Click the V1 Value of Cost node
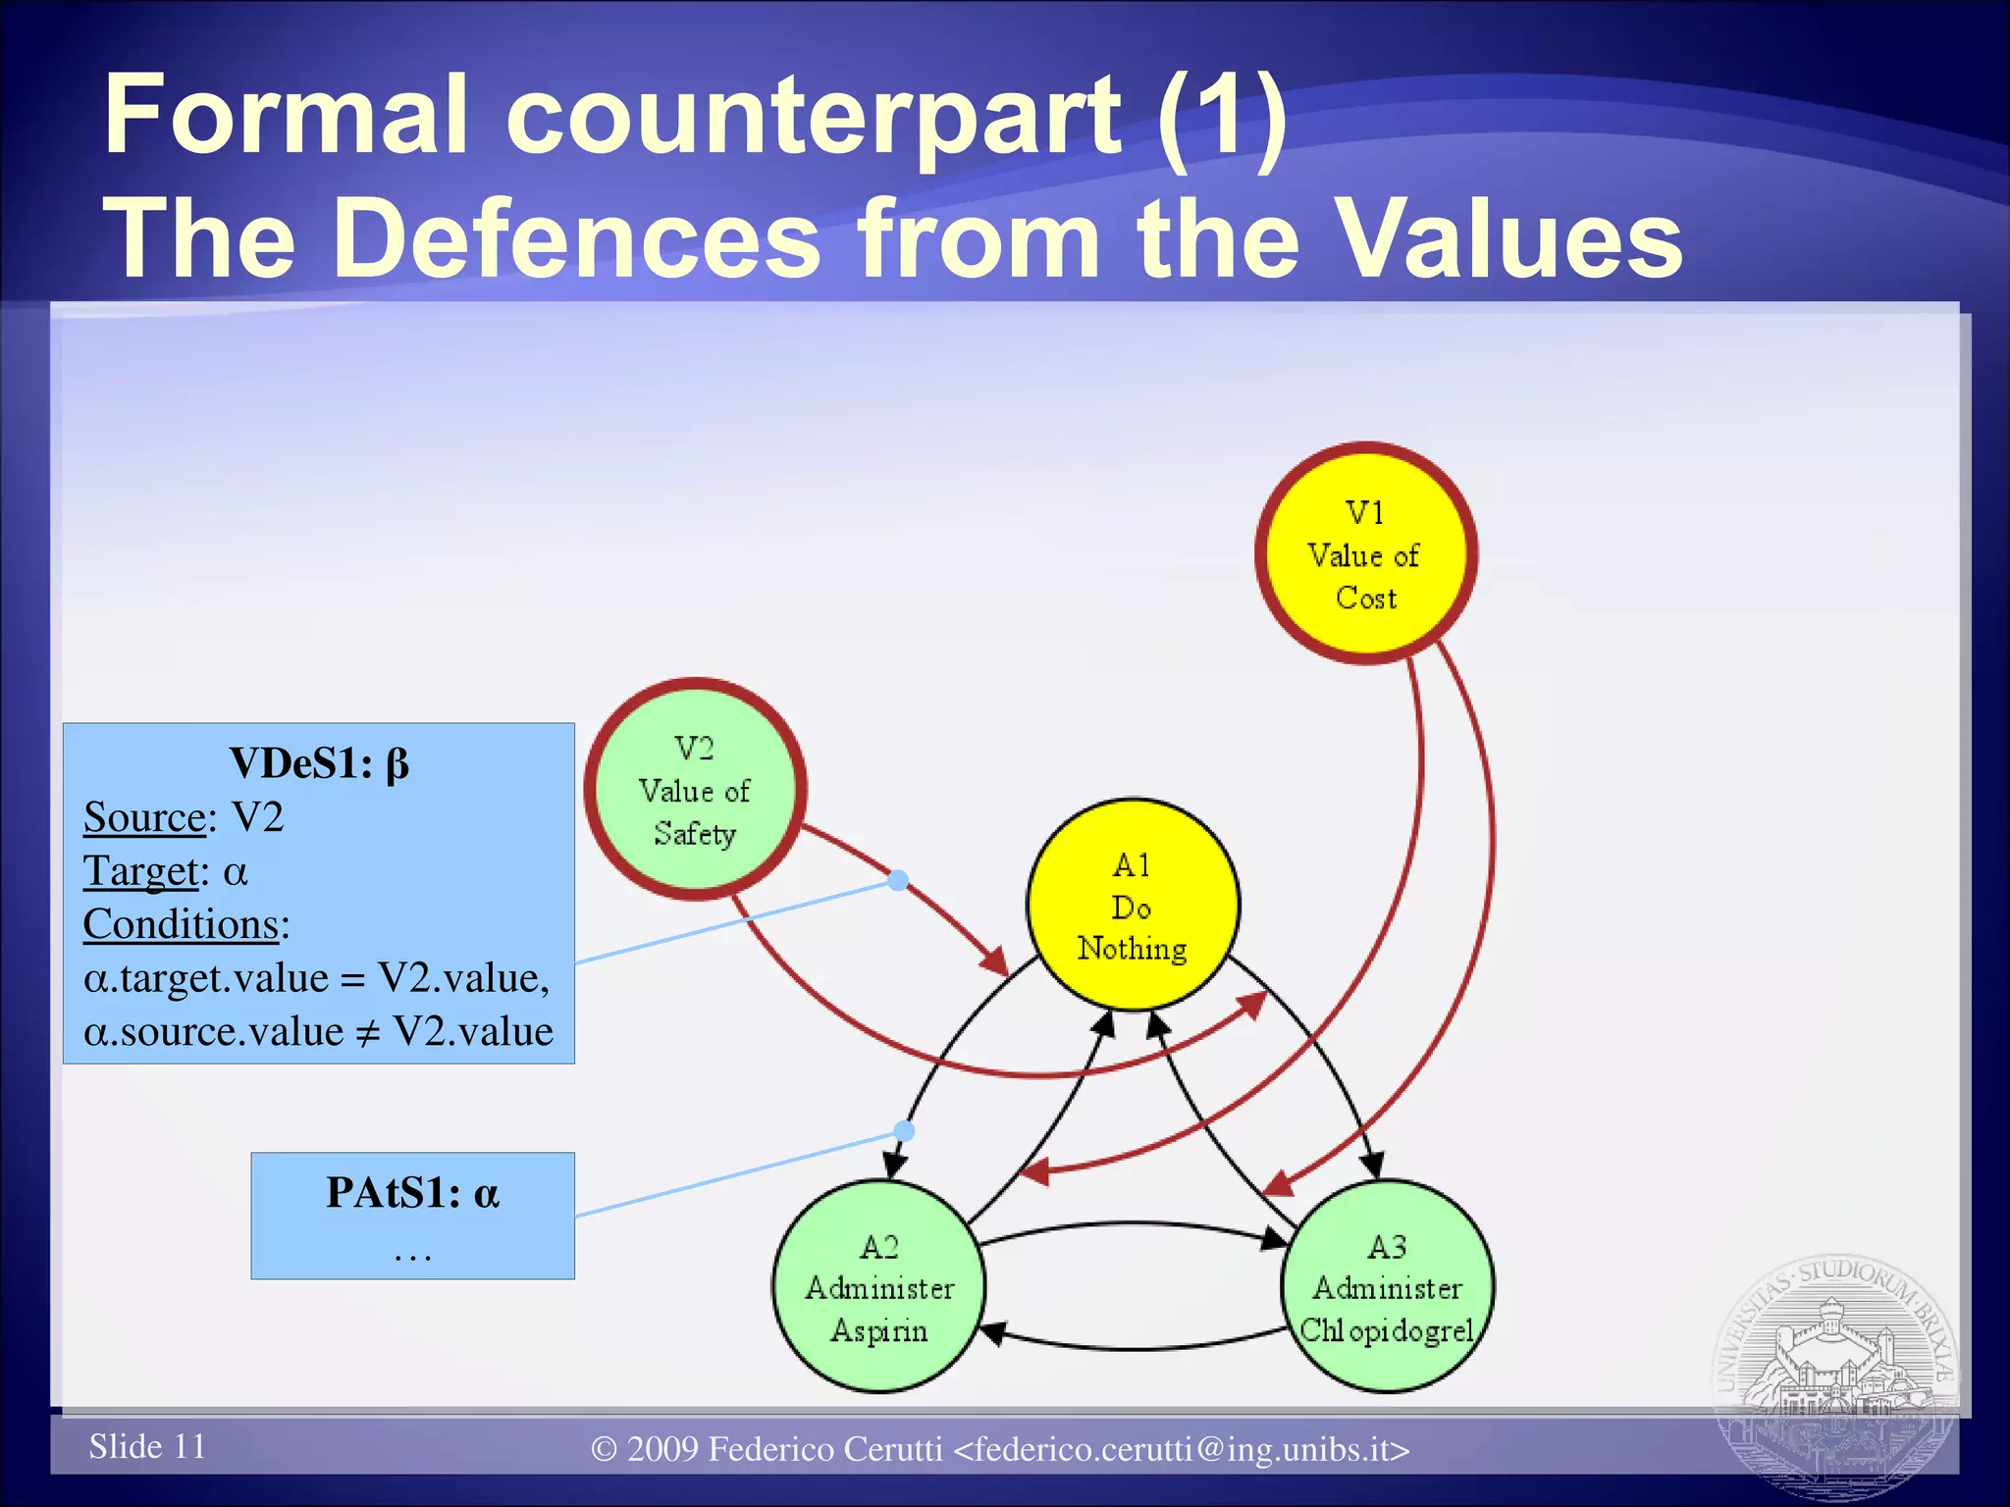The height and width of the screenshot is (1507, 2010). pos(1365,554)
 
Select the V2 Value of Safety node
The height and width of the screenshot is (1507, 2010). pos(695,790)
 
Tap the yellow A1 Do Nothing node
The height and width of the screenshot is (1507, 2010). pos(1133,906)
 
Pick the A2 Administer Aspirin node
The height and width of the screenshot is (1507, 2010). pos(878,1287)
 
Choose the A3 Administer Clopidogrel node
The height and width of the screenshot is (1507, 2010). pos(1387,1287)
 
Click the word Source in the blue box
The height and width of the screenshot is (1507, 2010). pos(144,817)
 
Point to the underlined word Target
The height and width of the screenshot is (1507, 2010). pos(140,871)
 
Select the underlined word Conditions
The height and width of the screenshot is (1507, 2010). pos(182,924)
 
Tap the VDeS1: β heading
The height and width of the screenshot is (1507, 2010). pos(319,763)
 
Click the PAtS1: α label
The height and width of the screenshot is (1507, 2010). pos(412,1193)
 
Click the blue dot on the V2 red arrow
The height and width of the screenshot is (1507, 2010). pos(898,880)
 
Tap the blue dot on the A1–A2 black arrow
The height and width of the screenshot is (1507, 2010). pos(905,1131)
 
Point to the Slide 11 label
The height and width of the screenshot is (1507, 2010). pos(147,1446)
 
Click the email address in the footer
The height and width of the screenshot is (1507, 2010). pos(1182,1449)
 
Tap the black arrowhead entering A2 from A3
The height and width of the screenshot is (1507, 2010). pos(993,1332)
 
